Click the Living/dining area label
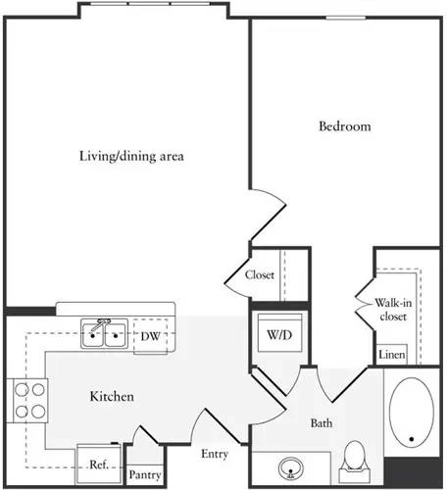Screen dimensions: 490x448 (x=132, y=156)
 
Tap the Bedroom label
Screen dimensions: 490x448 (x=344, y=126)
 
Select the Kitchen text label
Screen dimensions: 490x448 (x=112, y=397)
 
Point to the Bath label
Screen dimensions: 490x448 (x=323, y=422)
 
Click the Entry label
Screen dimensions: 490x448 (x=215, y=454)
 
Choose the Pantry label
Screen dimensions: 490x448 (x=145, y=474)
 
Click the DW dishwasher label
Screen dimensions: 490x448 (x=149, y=336)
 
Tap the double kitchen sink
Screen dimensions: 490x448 (x=105, y=335)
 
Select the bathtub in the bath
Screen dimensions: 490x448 (x=413, y=416)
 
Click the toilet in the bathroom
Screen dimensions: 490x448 (x=355, y=458)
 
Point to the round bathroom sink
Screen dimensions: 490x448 (x=290, y=465)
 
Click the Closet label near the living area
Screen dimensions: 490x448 (x=260, y=274)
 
